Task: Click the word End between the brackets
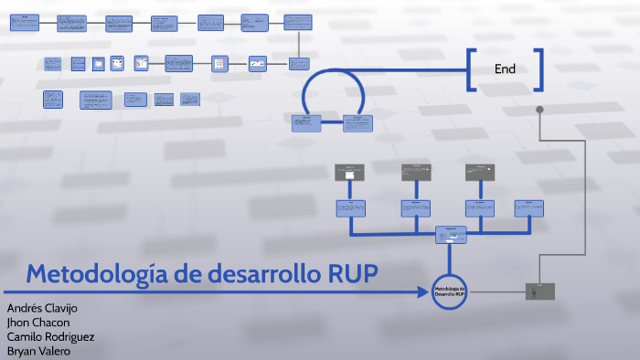tap(505, 69)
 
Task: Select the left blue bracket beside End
tap(470, 69)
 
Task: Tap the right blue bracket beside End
tap(540, 69)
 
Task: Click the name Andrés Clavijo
tap(42, 308)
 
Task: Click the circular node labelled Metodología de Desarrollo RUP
tap(450, 291)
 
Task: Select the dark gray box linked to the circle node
tap(539, 291)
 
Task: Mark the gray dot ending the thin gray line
tap(540, 111)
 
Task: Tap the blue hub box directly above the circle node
tap(450, 235)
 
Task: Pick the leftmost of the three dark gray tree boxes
tap(349, 171)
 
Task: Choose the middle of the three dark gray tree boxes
tap(415, 171)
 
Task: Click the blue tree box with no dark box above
tap(528, 207)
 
